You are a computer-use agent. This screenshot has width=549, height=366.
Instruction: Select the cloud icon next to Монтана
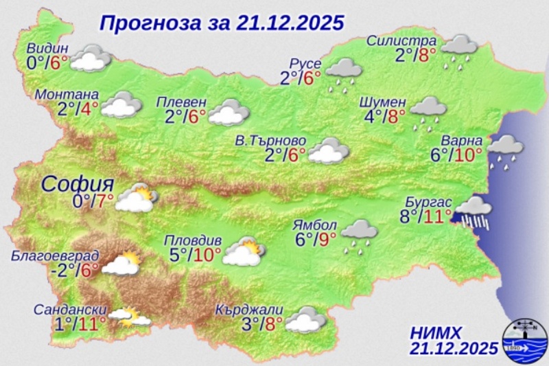pos(121,105)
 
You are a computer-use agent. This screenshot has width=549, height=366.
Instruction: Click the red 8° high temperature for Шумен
pos(397,115)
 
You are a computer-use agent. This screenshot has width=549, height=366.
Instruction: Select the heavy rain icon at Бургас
pos(473,211)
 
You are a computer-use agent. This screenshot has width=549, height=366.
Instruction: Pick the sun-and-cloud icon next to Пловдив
pos(242,252)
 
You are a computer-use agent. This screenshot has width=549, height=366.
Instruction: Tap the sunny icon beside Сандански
pos(128,317)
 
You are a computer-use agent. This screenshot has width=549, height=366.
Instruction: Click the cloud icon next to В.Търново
pos(325,151)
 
